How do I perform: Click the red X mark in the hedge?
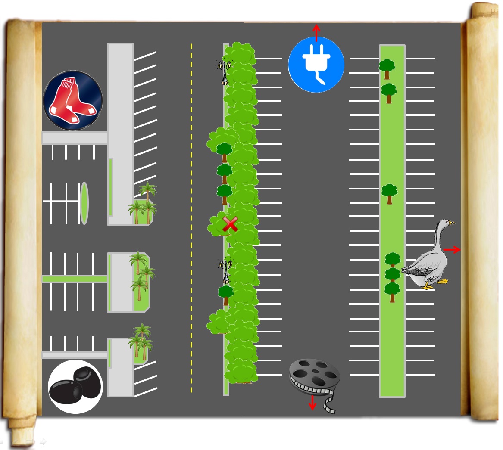point(230,224)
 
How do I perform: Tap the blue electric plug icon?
point(316,65)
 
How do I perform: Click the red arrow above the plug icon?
point(316,32)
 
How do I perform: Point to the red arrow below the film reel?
point(312,403)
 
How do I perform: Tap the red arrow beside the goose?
point(452,250)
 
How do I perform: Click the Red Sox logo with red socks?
point(73,100)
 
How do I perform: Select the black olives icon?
point(75,386)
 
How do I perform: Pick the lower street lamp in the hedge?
point(225,270)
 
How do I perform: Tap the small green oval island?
point(84,203)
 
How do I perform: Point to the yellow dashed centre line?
point(191,215)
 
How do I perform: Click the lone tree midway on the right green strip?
point(389,193)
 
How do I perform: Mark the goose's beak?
point(452,223)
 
